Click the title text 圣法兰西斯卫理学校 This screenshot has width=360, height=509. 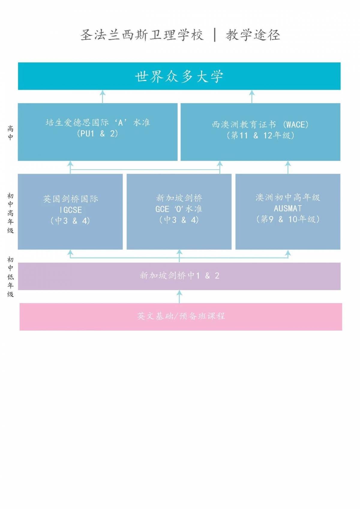(x=142, y=35)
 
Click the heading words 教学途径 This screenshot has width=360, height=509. (x=253, y=35)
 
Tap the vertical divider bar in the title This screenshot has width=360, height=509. (x=215, y=35)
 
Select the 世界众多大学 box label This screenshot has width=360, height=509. (x=179, y=77)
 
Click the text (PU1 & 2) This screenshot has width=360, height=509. (x=97, y=134)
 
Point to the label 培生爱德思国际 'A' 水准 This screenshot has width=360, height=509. (x=97, y=122)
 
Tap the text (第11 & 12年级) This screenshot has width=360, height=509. (x=260, y=135)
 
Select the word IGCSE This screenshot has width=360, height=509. (x=70, y=210)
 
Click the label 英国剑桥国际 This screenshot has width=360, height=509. (x=70, y=199)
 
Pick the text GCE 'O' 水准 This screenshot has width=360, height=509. (x=179, y=209)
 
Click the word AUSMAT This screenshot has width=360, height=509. (x=288, y=208)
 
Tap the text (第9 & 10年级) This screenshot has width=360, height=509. (x=288, y=219)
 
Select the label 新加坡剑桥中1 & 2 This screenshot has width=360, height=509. (x=179, y=276)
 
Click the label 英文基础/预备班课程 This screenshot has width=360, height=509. (x=181, y=316)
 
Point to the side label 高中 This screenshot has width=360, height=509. (x=10, y=133)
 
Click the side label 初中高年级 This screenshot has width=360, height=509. (x=10, y=213)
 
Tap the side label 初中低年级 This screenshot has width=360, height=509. (x=10, y=277)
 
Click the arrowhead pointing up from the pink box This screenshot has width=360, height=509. (x=179, y=293)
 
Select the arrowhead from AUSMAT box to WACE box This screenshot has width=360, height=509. (x=288, y=164)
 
